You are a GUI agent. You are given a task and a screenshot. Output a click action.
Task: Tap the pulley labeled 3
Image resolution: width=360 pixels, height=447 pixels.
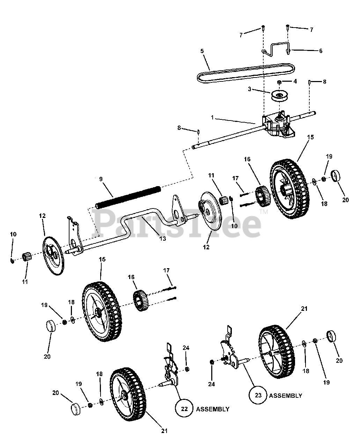coord(280,95)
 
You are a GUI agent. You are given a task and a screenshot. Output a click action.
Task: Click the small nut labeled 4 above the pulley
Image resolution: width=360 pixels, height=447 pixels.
coord(280,82)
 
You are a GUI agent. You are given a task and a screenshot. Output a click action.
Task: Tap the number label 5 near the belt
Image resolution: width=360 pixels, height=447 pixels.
coord(202,51)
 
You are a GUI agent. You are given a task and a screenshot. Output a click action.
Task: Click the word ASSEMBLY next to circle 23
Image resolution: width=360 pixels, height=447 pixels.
coord(285,396)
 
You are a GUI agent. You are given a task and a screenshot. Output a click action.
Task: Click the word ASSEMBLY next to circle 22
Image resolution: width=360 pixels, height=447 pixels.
coord(213,409)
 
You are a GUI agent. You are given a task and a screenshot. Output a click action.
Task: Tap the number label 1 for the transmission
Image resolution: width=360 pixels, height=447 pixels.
coord(212,118)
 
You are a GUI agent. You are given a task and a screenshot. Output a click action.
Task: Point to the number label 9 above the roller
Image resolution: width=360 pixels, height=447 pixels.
coord(101,178)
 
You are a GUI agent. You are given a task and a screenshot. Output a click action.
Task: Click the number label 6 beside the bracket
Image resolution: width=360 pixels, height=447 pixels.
coord(321,51)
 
